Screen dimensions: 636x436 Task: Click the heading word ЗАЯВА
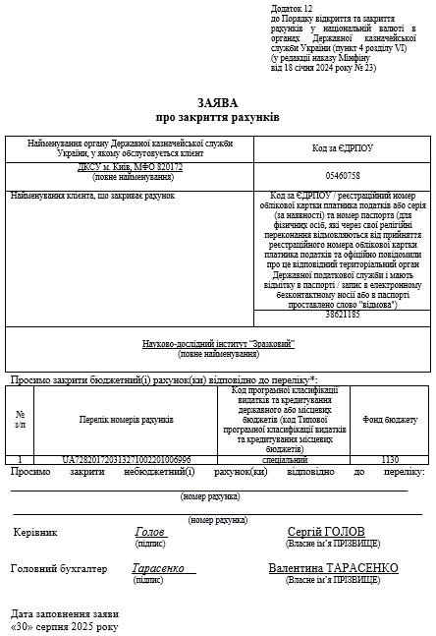tap(218, 101)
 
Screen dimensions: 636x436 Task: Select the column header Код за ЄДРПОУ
tap(342, 147)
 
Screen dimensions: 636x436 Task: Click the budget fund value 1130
tap(390, 459)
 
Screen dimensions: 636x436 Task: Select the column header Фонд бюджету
tap(390, 420)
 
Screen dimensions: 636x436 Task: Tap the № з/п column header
tap(20, 420)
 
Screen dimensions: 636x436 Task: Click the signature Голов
tap(150, 532)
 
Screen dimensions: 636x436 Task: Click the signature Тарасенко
tap(158, 568)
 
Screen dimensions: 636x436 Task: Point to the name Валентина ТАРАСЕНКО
tap(333, 568)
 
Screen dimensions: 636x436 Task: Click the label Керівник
tap(35, 533)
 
